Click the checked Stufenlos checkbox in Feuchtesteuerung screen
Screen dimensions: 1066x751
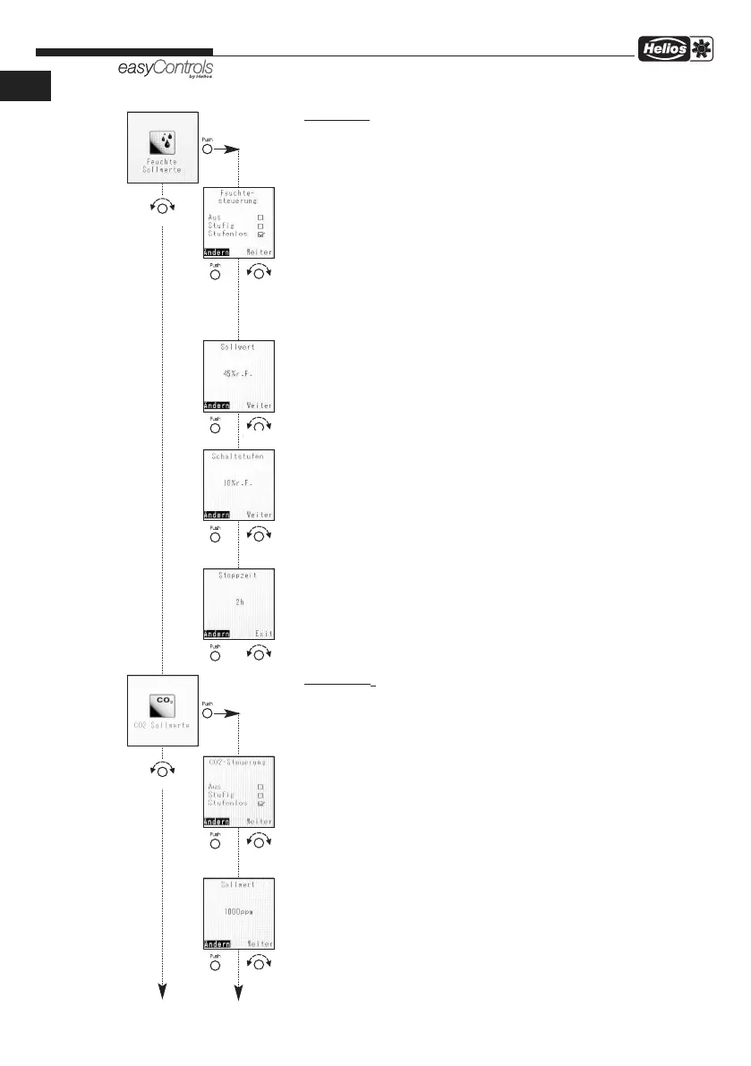coord(260,234)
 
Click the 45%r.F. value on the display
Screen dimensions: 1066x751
coord(238,375)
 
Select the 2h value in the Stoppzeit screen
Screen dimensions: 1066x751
coord(239,601)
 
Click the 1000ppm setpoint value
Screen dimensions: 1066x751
coord(239,917)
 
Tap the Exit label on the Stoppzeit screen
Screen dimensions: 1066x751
coord(262,634)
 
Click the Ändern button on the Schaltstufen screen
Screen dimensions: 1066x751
coord(217,515)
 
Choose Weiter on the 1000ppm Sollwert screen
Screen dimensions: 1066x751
coord(260,943)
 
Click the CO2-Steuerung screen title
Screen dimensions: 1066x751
coord(239,763)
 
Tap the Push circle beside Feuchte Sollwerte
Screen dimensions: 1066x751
coord(208,149)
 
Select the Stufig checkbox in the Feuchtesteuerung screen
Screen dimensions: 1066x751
coord(260,225)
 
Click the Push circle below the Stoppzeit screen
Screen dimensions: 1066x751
coord(215,654)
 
